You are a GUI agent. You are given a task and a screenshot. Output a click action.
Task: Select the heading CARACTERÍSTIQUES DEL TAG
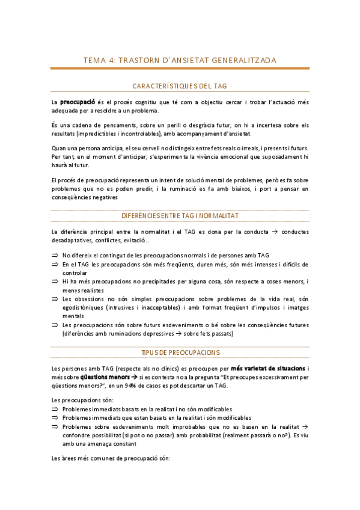click(179, 86)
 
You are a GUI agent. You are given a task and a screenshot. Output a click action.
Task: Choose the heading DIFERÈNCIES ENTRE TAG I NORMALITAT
click(180, 215)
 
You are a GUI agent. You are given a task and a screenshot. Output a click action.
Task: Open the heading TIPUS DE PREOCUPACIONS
click(180, 352)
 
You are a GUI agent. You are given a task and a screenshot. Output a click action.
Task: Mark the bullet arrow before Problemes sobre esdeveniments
click(55, 426)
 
